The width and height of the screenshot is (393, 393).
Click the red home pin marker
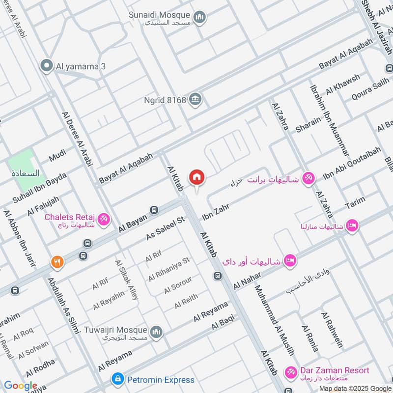tap(197, 177)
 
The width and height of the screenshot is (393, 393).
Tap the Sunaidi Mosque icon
tap(199, 18)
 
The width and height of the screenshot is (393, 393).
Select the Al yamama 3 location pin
tap(47, 66)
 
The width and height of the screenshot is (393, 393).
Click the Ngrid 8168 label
tap(165, 100)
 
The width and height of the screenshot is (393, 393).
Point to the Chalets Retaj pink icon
tap(104, 219)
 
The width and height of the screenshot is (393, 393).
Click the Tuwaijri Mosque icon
tap(156, 333)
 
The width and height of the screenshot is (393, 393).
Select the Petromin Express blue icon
tap(117, 379)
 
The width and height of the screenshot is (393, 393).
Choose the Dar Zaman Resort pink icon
tap(291, 373)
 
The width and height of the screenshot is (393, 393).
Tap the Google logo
tap(20, 386)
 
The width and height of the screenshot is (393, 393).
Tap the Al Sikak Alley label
tap(126, 280)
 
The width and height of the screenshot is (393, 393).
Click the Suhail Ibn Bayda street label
tap(39, 189)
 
